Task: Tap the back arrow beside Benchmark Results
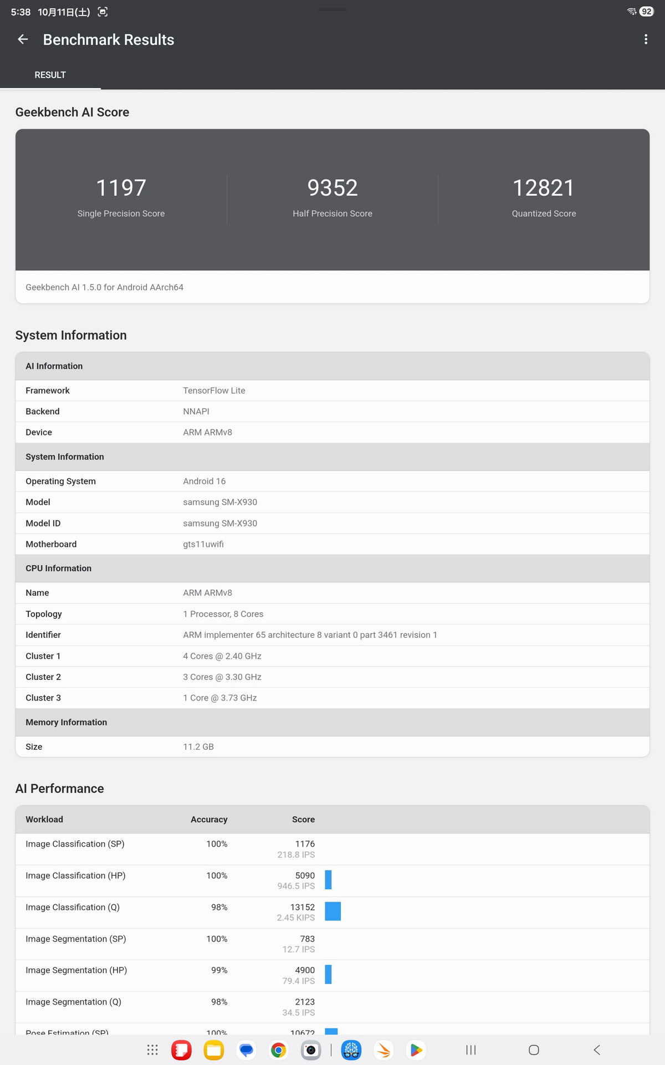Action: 23,39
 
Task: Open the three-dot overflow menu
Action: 646,39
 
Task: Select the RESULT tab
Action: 50,75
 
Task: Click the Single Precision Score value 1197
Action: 121,188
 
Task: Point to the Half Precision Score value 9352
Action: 332,188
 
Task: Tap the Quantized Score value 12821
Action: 544,188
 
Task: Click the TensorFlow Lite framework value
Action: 214,391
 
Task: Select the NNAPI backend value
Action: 196,412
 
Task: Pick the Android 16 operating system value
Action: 204,482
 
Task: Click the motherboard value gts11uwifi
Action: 203,544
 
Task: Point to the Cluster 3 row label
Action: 43,698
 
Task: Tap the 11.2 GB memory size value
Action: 198,747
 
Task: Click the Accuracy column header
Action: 209,820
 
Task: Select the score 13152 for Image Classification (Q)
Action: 303,908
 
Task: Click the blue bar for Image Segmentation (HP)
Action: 328,975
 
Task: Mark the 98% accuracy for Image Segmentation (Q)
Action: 219,1002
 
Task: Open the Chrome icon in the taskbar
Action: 279,1050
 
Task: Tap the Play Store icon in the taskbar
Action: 416,1050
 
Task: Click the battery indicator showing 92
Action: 646,12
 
